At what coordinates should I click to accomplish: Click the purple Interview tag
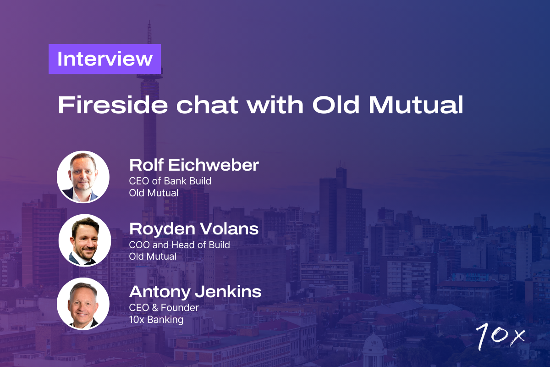click(x=104, y=59)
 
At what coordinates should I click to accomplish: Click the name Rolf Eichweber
click(x=194, y=165)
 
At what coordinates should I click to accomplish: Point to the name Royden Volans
click(x=194, y=228)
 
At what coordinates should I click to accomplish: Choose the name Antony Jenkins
click(x=195, y=292)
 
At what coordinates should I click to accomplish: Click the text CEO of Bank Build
click(x=170, y=181)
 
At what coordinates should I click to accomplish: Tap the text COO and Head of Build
click(x=179, y=245)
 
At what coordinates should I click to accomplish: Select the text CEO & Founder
click(x=163, y=307)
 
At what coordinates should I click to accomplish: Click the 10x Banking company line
click(x=156, y=319)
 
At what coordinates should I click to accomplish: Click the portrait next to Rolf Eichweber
click(x=83, y=177)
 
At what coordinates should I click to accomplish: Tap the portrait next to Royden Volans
click(x=84, y=240)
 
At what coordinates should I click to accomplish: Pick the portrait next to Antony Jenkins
click(x=83, y=303)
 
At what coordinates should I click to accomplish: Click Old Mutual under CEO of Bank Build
click(x=154, y=193)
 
